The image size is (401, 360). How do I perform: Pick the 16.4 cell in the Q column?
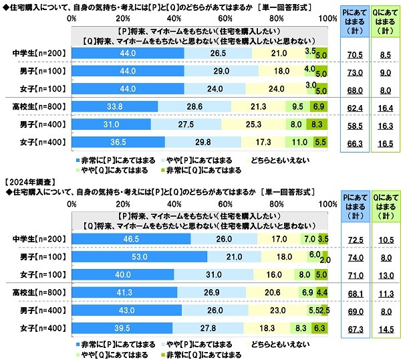click(x=383, y=106)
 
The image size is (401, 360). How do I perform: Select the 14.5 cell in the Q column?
click(x=383, y=327)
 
